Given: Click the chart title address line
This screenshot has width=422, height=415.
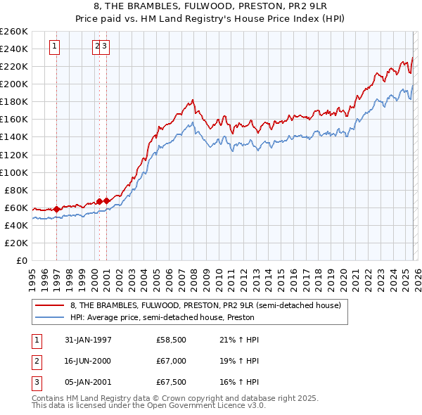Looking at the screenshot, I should coord(210,6).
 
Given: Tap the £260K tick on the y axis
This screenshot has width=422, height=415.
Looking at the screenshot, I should coord(14,32).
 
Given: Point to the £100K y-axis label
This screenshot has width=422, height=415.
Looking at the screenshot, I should coord(14,172).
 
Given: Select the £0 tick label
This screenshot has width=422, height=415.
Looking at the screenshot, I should coord(21,260).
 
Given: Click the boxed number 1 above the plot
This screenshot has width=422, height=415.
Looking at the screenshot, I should coord(55,46).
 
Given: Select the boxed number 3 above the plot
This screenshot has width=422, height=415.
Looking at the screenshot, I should coord(104,46).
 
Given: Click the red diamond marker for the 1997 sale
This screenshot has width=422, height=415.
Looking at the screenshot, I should coord(57,209).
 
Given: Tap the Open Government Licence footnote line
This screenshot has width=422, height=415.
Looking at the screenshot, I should coord(148,406).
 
